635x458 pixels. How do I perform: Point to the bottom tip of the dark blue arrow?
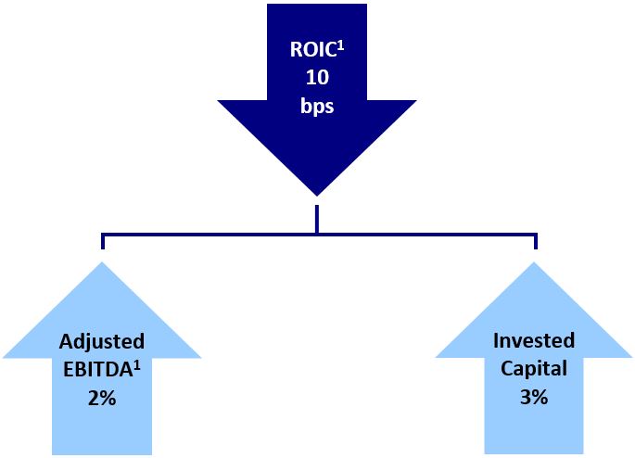point(318,194)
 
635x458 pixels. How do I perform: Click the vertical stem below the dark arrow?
point(317,218)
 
